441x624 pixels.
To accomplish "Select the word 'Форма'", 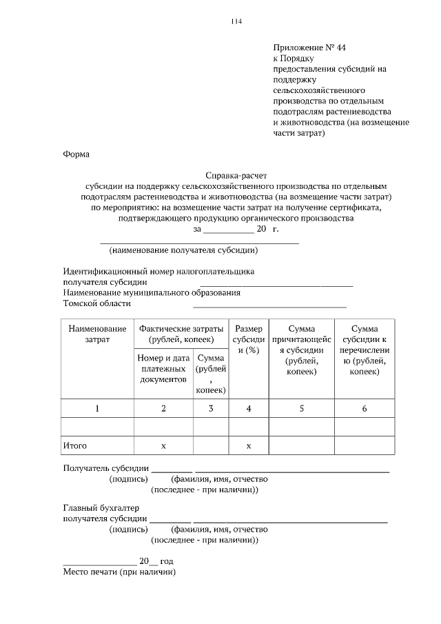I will [76, 154].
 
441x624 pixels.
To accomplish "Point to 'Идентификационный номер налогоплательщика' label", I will [159, 271].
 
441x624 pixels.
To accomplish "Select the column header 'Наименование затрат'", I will [97, 334].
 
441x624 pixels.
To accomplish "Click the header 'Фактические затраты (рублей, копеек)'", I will [181, 334].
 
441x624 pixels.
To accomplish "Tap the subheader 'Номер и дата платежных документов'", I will [163, 369].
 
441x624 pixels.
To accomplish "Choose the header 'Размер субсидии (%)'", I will [248, 340].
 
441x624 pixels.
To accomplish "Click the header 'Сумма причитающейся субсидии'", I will [301, 350].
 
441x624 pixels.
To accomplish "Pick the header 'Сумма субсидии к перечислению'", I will [364, 350].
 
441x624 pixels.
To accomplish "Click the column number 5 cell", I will [301, 408].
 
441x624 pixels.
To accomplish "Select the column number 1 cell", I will [97, 408].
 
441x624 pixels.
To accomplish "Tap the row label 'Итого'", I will [74, 446].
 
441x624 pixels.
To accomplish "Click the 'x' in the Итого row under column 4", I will [248, 446].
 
